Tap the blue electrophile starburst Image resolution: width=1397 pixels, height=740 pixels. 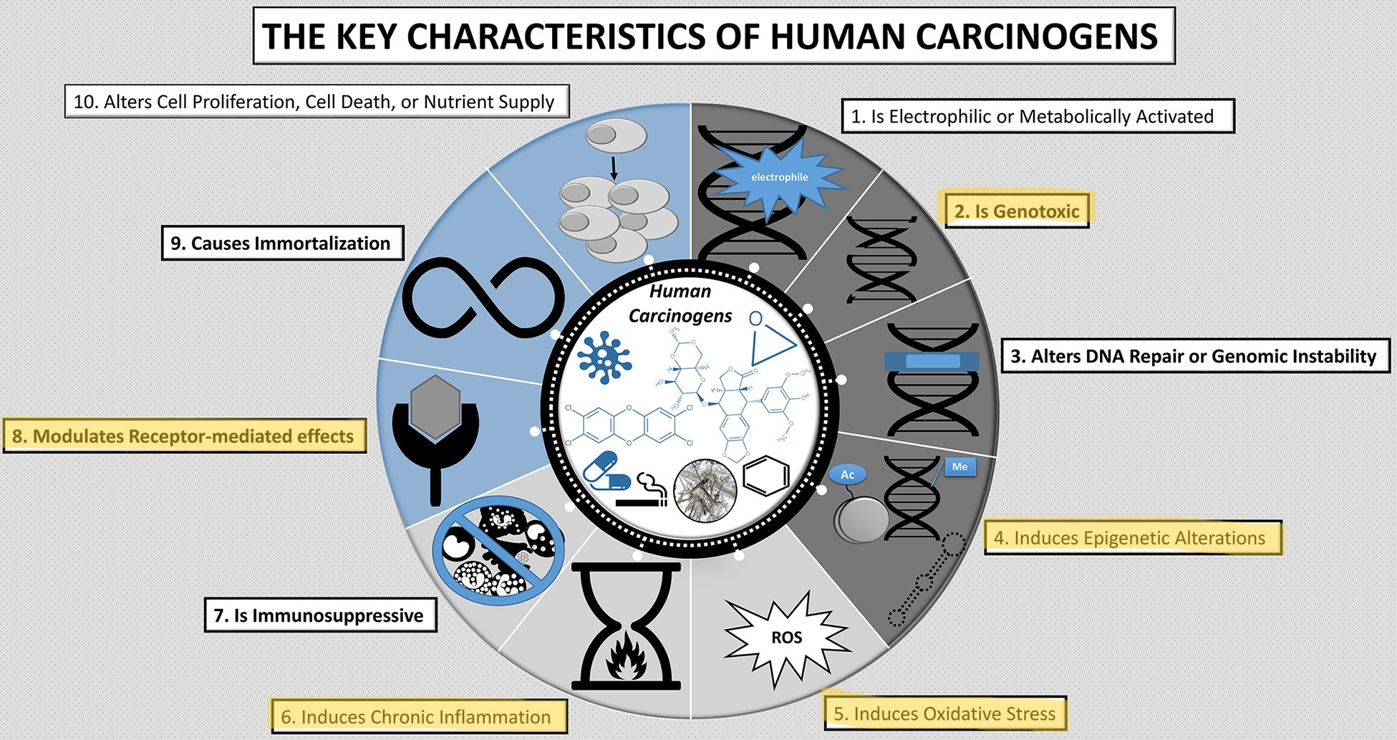(779, 177)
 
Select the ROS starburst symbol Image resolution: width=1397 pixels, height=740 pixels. (786, 638)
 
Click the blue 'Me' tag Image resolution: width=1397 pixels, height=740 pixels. (959, 467)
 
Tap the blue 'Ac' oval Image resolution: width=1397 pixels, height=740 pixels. (847, 475)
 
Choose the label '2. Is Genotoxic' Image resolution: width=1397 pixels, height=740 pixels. (1016, 211)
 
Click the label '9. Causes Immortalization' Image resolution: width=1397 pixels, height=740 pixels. (281, 244)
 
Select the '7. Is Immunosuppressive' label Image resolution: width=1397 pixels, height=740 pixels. (319, 615)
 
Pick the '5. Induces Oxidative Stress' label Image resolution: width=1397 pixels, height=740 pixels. (944, 713)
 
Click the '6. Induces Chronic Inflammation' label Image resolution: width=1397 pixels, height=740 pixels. (417, 716)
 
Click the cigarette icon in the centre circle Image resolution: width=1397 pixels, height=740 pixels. (642, 491)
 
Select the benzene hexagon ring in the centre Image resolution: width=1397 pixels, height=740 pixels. (766, 476)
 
